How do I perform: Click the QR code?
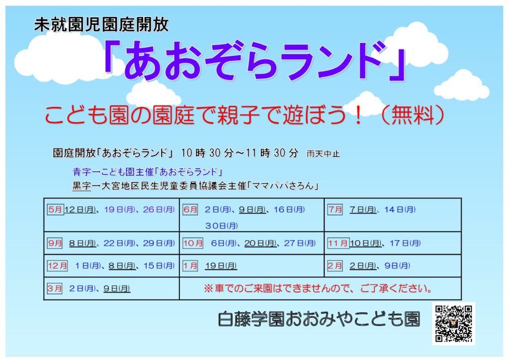coord(453,323)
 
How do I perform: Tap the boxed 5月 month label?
coord(55,209)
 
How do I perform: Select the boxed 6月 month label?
coord(190,209)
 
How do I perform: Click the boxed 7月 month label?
coord(335,209)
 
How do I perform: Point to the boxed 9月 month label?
coord(55,243)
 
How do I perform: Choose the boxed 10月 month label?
coord(193,243)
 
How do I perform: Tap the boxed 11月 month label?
coord(338,243)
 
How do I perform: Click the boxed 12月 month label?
coord(58,266)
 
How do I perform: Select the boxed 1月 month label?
coord(190,266)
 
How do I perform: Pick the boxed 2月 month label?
coord(335,266)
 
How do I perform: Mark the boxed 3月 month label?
coord(55,288)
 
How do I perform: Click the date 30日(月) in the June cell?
coord(221,226)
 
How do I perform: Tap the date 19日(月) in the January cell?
coord(221,266)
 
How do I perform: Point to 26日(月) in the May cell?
coord(159,210)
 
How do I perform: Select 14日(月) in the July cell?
coord(400,210)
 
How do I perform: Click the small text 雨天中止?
coord(323,154)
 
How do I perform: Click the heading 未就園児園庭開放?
coord(101,24)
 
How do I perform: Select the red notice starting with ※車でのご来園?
coord(318,288)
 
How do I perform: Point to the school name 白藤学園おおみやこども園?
coord(319,319)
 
